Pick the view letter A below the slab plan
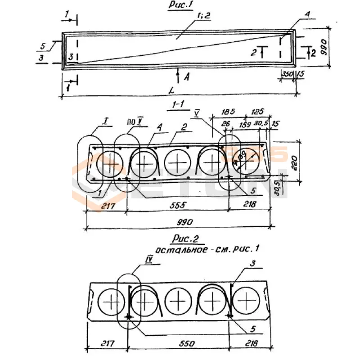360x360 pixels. (x=186, y=77)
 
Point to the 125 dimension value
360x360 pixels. (x=257, y=111)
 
